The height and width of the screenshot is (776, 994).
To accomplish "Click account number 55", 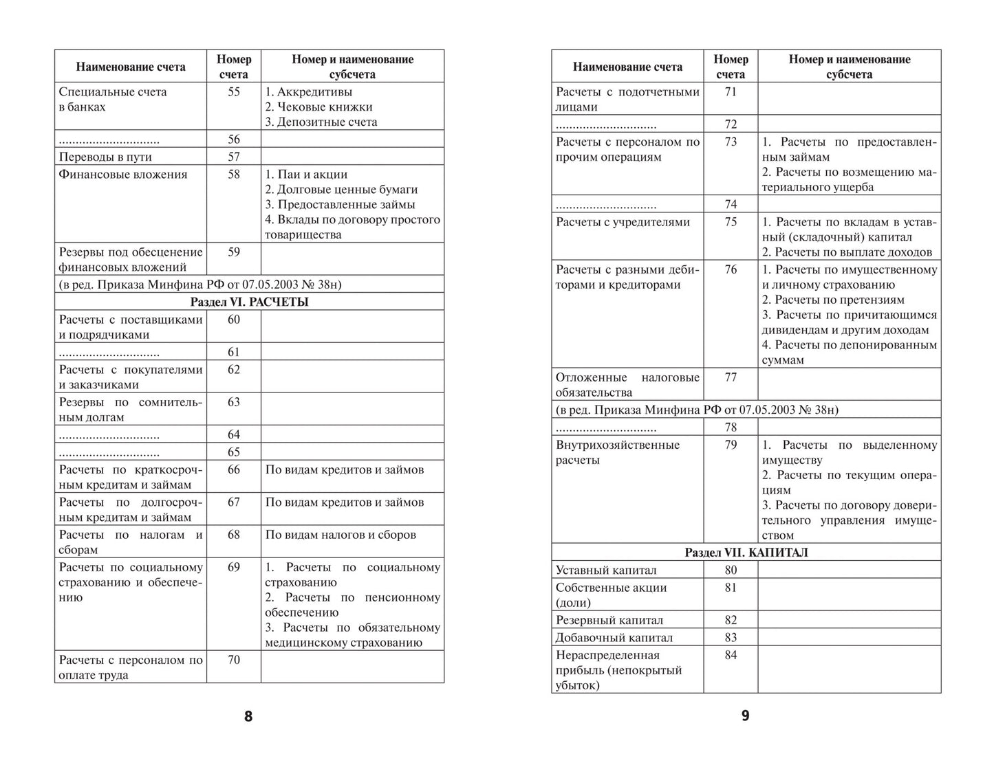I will (x=233, y=91).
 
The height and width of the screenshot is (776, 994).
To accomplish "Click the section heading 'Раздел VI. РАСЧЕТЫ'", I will (x=249, y=302).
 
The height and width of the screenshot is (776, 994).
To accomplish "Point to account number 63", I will (x=233, y=402).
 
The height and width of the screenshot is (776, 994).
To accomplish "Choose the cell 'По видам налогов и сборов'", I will (x=341, y=535).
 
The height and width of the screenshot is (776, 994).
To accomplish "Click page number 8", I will (x=248, y=716).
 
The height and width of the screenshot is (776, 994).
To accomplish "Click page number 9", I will (x=745, y=716).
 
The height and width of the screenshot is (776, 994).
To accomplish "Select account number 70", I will (x=233, y=660).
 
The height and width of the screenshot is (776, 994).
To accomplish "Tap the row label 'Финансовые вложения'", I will (x=123, y=175).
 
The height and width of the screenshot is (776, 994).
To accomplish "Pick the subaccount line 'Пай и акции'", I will (x=306, y=175).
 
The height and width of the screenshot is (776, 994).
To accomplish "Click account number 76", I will (x=731, y=269).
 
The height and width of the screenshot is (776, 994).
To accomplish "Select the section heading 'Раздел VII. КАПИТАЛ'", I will (x=746, y=553).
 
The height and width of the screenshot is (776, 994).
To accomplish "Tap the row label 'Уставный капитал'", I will (x=606, y=570).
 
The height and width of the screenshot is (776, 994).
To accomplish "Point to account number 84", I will (x=731, y=655).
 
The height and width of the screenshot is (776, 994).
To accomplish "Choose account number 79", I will (x=731, y=445).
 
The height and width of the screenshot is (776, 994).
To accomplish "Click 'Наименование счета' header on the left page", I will (x=131, y=67).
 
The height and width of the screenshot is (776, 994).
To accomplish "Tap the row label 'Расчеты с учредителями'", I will (x=623, y=222).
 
